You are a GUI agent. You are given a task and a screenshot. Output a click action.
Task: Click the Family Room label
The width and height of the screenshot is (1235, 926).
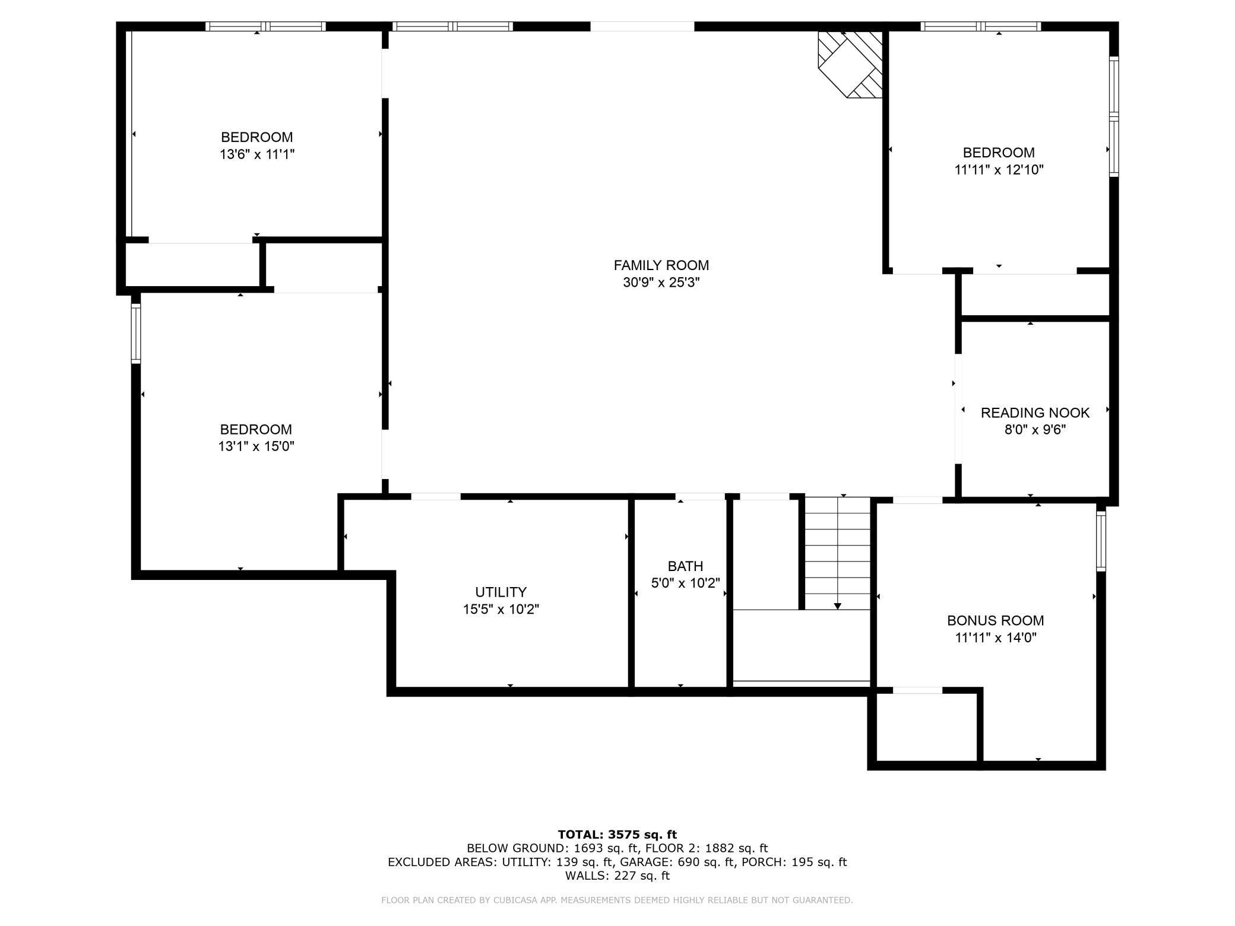tap(661, 265)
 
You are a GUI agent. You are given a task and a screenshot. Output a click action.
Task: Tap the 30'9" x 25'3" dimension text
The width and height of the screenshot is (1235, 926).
tap(661, 283)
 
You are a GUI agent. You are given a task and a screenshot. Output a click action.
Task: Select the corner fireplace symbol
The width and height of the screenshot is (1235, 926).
tap(850, 64)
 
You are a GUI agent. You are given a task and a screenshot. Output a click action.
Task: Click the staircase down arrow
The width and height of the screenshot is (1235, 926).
tap(837, 605)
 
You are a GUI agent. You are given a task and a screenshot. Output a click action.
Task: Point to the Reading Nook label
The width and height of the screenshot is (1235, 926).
tap(1035, 413)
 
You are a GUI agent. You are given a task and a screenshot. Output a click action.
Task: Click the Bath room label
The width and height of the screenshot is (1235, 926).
tap(685, 566)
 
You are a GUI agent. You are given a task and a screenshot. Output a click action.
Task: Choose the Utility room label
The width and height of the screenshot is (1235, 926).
tap(501, 592)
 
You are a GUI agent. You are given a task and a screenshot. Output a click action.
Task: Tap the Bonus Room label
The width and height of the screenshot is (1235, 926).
tap(995, 621)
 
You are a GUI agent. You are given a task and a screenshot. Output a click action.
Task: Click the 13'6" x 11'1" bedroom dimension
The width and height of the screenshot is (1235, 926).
tap(256, 154)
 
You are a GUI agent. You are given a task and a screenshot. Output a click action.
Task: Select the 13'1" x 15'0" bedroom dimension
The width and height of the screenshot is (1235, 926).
tap(256, 446)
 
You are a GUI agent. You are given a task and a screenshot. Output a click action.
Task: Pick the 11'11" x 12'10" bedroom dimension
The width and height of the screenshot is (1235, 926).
tap(999, 170)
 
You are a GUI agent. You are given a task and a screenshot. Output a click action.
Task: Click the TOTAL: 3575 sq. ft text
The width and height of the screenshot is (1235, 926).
tap(617, 835)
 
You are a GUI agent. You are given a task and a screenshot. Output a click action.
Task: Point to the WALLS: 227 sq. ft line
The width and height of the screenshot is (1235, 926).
tap(617, 876)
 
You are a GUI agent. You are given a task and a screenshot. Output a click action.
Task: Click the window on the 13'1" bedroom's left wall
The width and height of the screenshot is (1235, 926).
tap(136, 333)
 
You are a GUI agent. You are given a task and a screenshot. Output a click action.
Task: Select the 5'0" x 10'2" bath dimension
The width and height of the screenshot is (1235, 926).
tap(685, 583)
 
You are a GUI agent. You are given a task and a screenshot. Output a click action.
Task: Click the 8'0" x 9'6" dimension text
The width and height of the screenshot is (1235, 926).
tap(1035, 430)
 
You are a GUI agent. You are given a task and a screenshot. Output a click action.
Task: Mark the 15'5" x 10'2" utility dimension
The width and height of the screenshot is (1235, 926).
tap(501, 609)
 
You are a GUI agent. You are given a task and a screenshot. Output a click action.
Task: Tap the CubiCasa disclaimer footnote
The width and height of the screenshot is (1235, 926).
tap(617, 900)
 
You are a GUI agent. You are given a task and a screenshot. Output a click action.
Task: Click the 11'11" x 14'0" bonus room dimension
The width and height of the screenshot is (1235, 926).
tap(995, 638)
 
